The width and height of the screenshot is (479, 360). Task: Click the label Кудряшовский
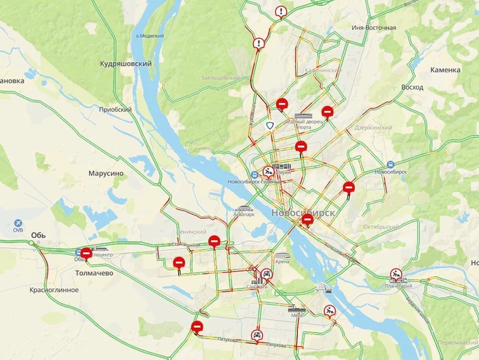tap(126, 64)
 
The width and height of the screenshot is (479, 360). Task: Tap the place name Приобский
tap(115, 110)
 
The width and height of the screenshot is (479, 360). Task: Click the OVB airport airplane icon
tap(18, 222)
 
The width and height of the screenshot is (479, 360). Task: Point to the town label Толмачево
tap(94, 272)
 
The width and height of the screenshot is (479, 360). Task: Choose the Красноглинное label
tap(54, 290)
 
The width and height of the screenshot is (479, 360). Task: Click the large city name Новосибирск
tap(302, 212)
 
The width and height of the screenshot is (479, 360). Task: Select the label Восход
tap(413, 87)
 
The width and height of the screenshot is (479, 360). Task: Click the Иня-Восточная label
tap(373, 28)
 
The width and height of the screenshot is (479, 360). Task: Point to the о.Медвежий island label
tap(150, 35)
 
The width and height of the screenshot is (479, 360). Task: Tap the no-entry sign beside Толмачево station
tap(86, 254)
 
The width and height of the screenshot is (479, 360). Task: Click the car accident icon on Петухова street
tap(257, 335)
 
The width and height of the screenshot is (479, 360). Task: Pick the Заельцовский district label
tap(220, 77)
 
